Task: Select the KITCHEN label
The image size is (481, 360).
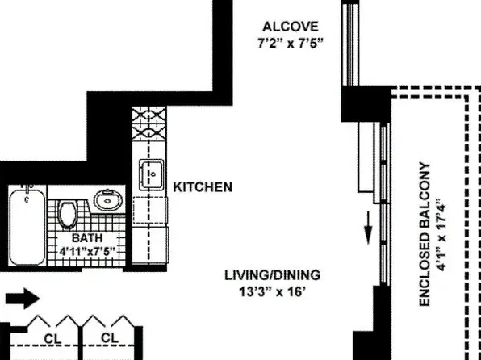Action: (203, 187)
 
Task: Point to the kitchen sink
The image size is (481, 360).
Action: (151, 174)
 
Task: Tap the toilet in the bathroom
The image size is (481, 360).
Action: (69, 214)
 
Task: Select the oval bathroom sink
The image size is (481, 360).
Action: (106, 199)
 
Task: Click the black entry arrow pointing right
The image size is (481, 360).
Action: (21, 299)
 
